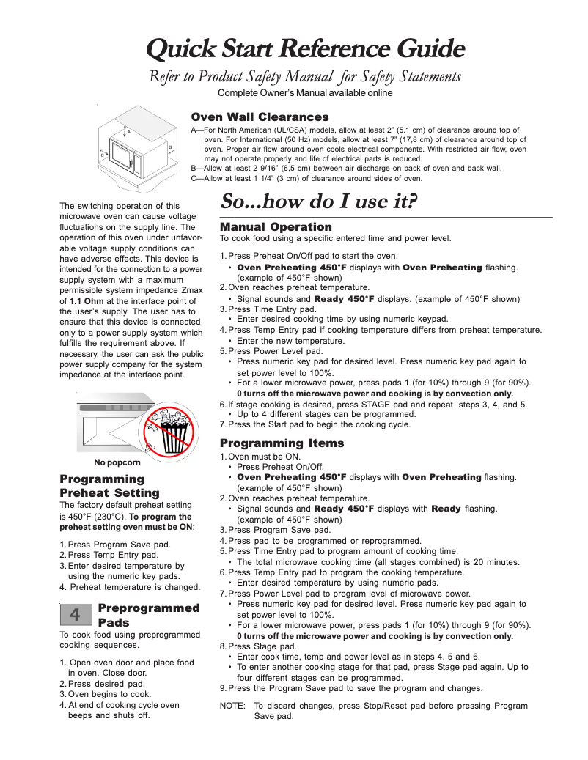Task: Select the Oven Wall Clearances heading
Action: point(260,117)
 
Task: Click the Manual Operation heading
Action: point(276,227)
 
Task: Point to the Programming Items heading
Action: point(282,443)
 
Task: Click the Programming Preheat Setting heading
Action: point(109,486)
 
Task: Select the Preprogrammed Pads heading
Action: point(148,614)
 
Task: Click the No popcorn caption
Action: point(117,462)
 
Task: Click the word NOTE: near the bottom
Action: point(232,706)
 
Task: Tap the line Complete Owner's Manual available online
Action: point(305,93)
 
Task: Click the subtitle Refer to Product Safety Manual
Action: point(305,76)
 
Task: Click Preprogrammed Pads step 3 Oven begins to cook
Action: point(106,694)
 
